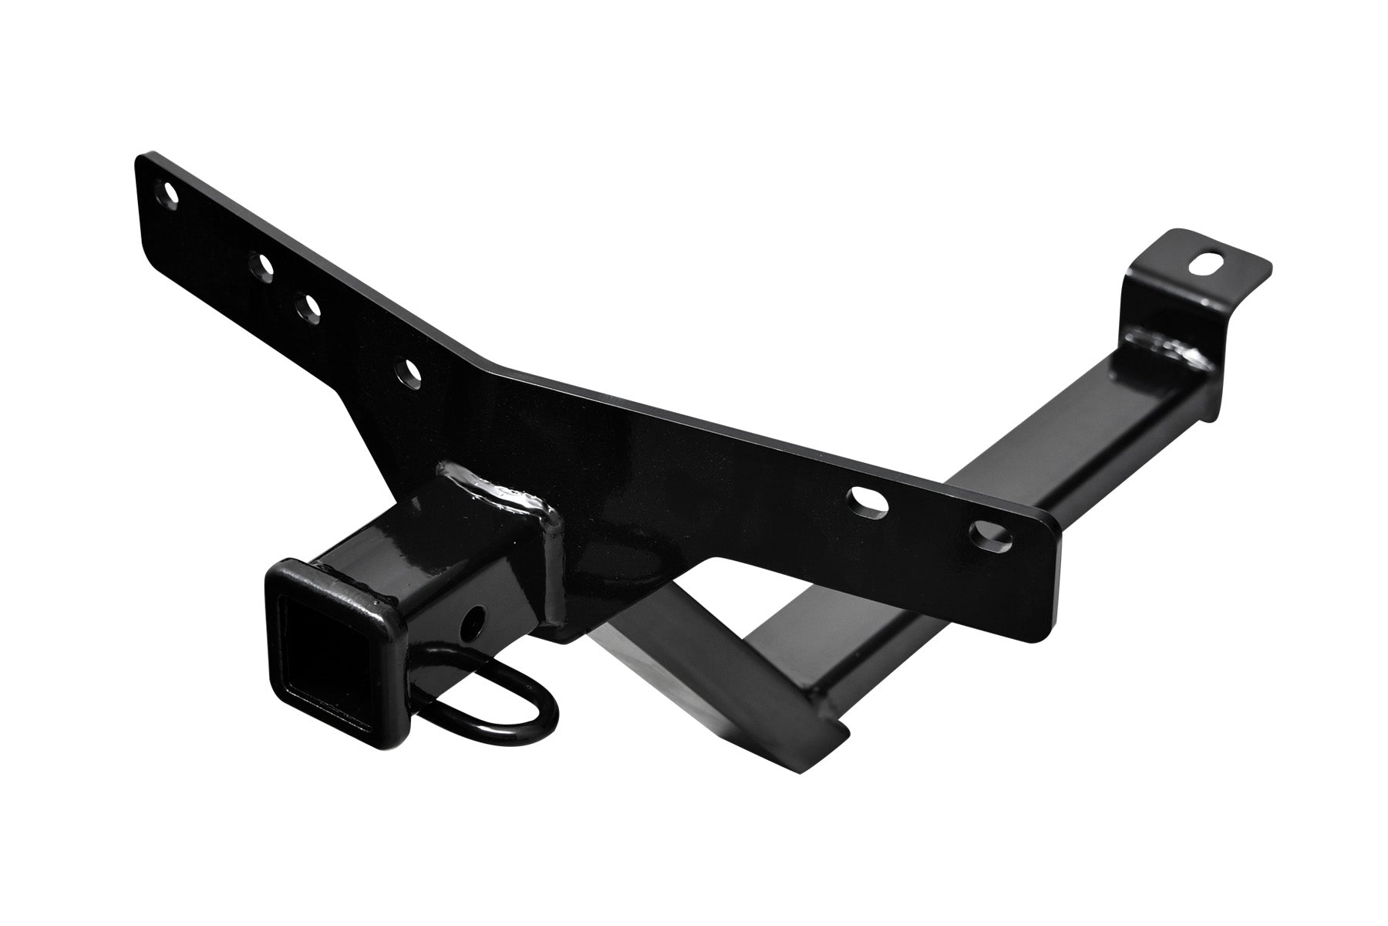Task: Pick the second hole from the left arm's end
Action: tap(263, 266)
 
